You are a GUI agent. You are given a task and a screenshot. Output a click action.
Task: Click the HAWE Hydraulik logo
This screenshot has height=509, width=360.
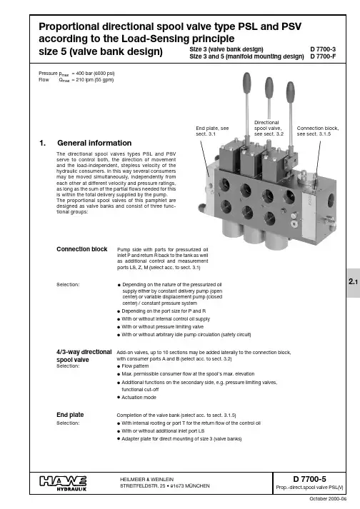(x=63, y=483)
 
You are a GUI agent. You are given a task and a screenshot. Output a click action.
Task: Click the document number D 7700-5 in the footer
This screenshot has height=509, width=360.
(x=309, y=479)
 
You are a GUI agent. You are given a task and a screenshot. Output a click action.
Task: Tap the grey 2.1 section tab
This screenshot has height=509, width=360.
(x=353, y=283)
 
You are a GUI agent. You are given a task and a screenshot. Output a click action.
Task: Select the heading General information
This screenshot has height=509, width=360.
(x=94, y=143)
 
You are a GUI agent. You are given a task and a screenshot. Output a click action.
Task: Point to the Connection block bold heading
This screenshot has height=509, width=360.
(x=82, y=249)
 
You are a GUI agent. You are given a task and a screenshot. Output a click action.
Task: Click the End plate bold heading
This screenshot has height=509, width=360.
(x=70, y=415)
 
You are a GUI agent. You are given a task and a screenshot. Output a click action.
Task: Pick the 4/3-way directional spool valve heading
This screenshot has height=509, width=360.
(x=84, y=356)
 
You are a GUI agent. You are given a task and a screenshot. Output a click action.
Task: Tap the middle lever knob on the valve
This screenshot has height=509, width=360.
(x=269, y=86)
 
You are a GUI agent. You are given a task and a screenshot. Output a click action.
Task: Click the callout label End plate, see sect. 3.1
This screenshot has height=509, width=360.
(x=212, y=131)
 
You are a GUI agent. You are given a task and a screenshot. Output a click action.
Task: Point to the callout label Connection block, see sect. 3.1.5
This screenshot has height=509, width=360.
(x=318, y=131)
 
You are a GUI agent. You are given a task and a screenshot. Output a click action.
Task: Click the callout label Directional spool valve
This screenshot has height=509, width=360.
(x=269, y=128)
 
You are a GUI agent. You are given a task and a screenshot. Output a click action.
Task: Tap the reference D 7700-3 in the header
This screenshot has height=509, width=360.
(x=323, y=49)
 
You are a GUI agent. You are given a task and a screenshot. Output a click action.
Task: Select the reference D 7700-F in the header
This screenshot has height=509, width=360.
(x=323, y=56)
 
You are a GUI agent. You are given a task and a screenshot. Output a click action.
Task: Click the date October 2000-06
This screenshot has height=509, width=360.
(x=328, y=498)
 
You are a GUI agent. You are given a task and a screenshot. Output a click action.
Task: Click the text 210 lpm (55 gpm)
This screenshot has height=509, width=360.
(x=95, y=80)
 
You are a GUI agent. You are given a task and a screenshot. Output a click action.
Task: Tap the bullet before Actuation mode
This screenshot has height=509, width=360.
(x=119, y=398)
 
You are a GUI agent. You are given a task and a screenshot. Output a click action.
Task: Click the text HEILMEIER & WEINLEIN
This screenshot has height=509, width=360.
(x=147, y=479)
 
